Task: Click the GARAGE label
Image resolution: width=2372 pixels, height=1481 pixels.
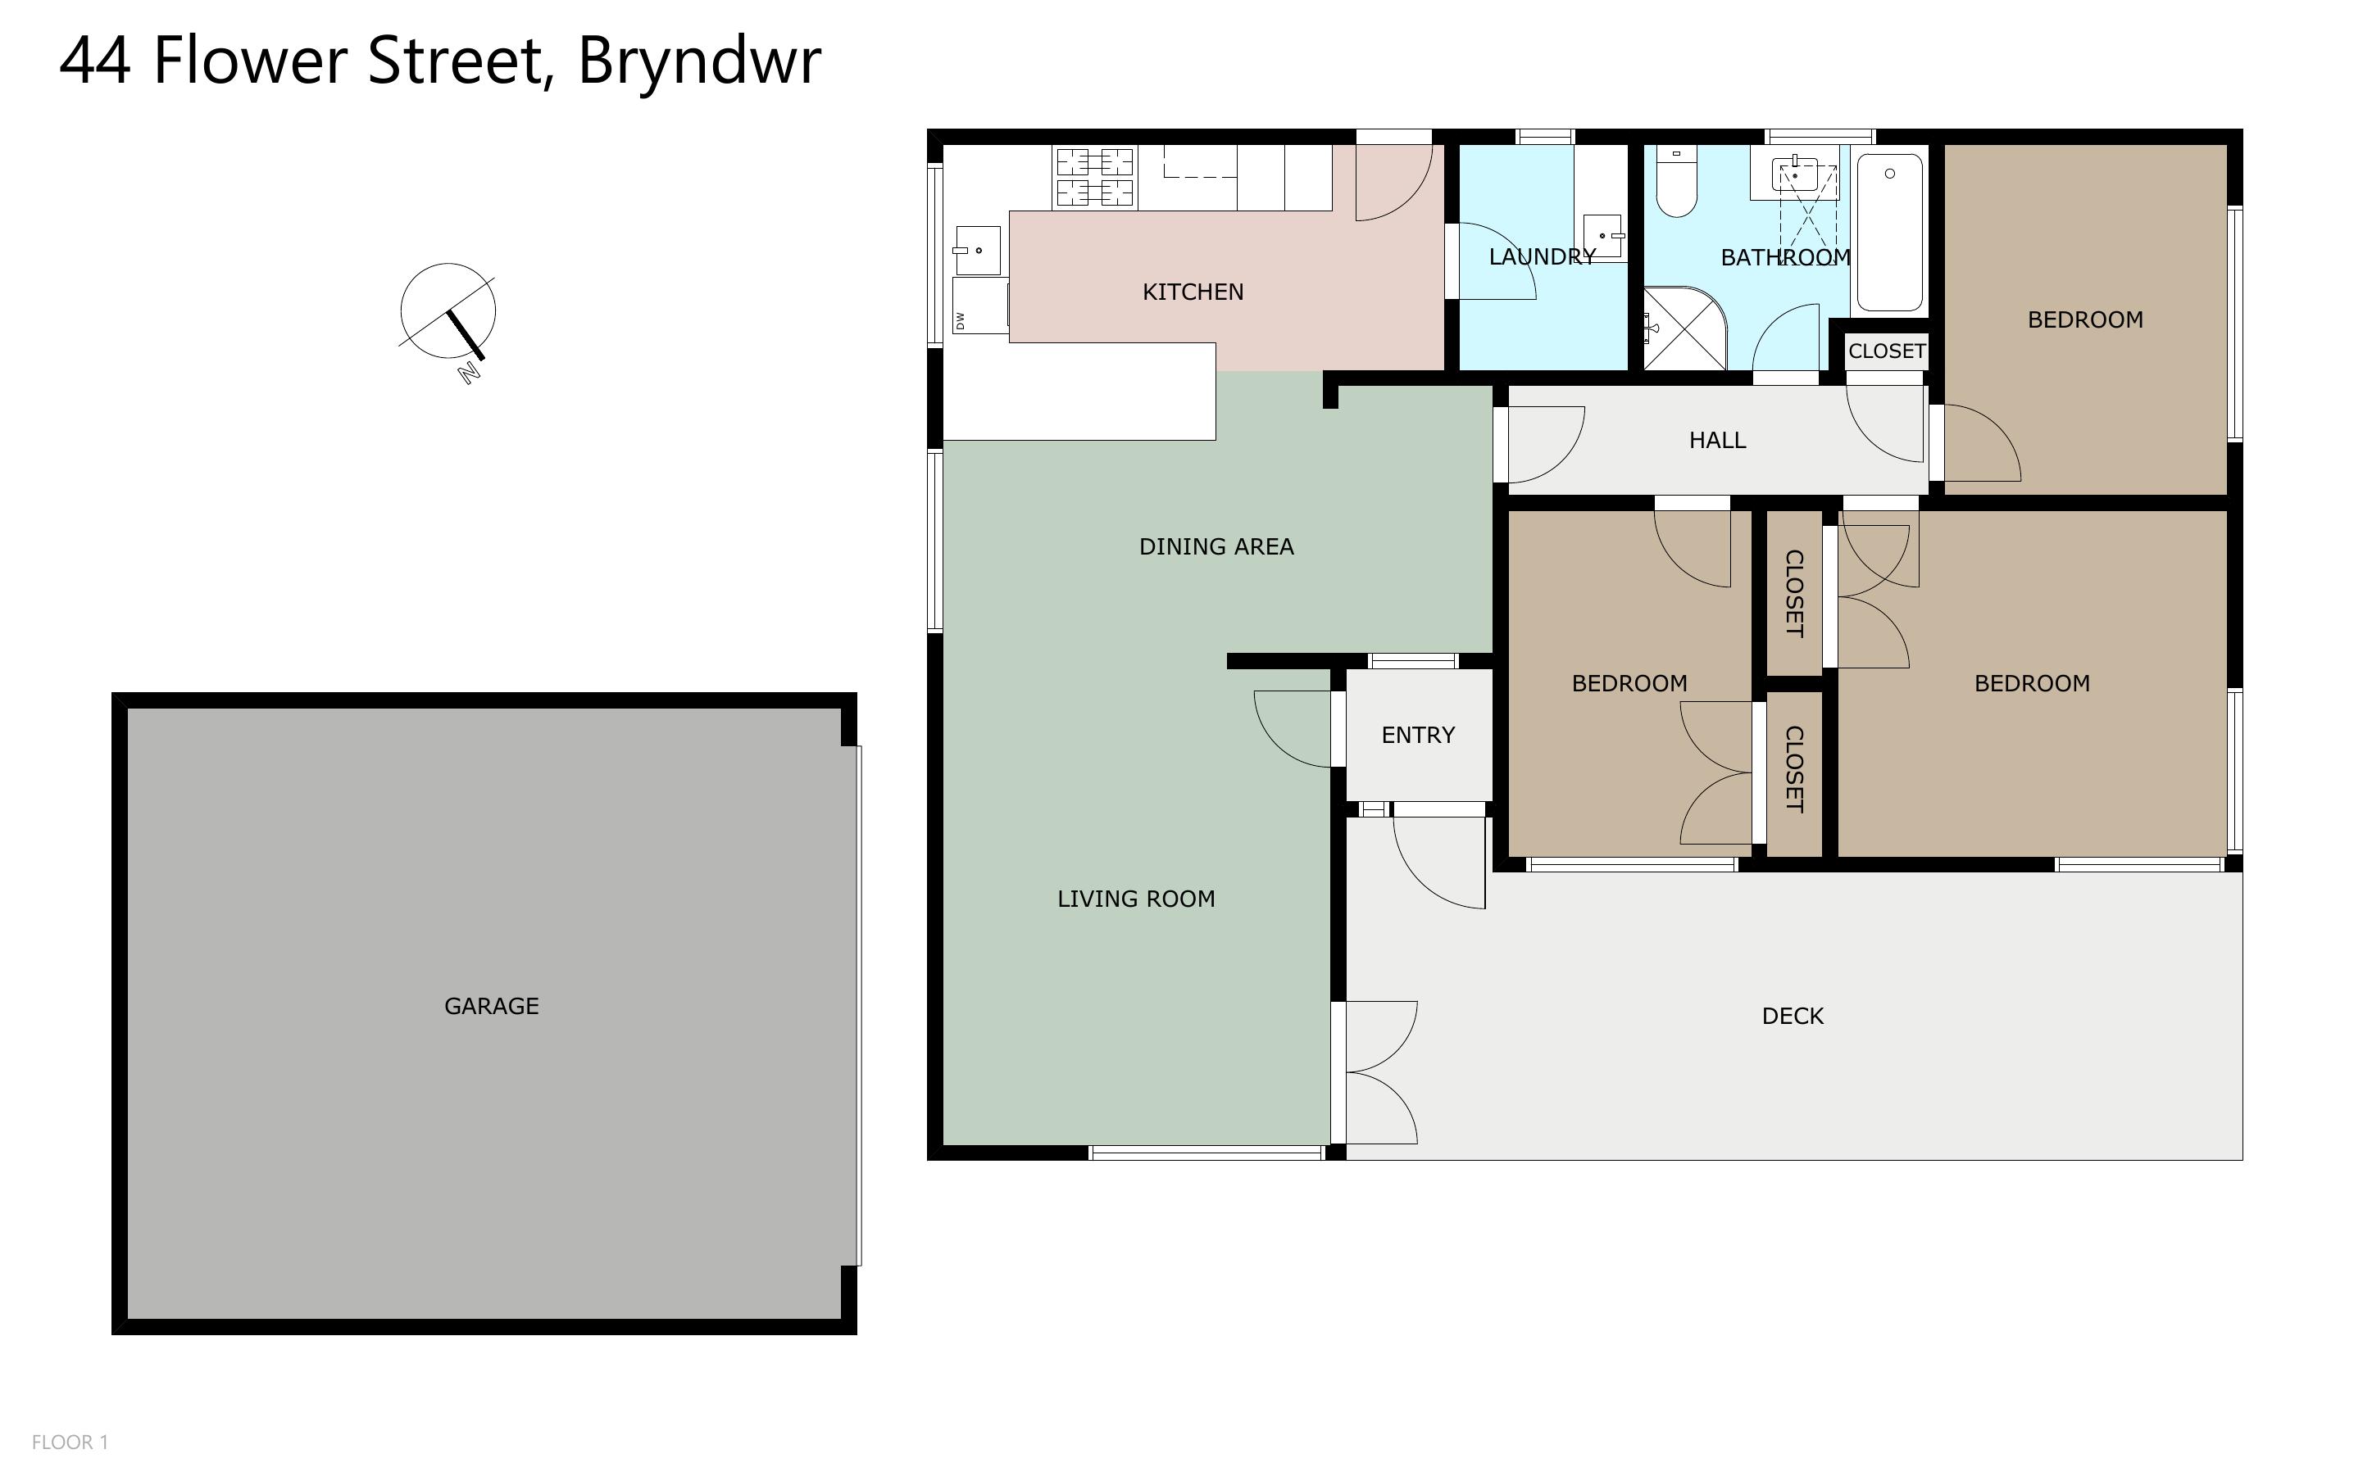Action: point(491,1006)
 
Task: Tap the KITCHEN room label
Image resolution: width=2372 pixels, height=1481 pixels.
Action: point(1193,292)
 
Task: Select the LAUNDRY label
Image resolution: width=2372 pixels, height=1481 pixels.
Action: point(1543,256)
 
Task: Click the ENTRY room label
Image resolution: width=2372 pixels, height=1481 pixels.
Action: point(1418,735)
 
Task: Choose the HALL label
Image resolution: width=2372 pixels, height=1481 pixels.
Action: point(1716,441)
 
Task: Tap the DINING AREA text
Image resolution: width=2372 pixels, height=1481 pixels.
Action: point(1216,546)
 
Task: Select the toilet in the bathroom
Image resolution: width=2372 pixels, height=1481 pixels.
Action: point(1676,181)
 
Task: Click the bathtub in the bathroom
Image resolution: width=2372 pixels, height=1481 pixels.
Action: point(1889,232)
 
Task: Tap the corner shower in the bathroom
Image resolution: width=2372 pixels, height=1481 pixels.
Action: point(1684,328)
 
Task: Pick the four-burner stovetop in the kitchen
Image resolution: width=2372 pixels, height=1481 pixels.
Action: point(1094,177)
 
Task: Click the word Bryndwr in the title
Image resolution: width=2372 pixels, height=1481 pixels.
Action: point(698,61)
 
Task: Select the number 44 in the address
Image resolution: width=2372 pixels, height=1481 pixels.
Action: point(95,61)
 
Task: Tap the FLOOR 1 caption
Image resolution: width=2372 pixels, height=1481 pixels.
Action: point(70,1442)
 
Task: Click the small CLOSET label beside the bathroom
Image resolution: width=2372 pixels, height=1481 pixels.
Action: point(1887,351)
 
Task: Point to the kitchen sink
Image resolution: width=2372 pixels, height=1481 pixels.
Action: point(977,251)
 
